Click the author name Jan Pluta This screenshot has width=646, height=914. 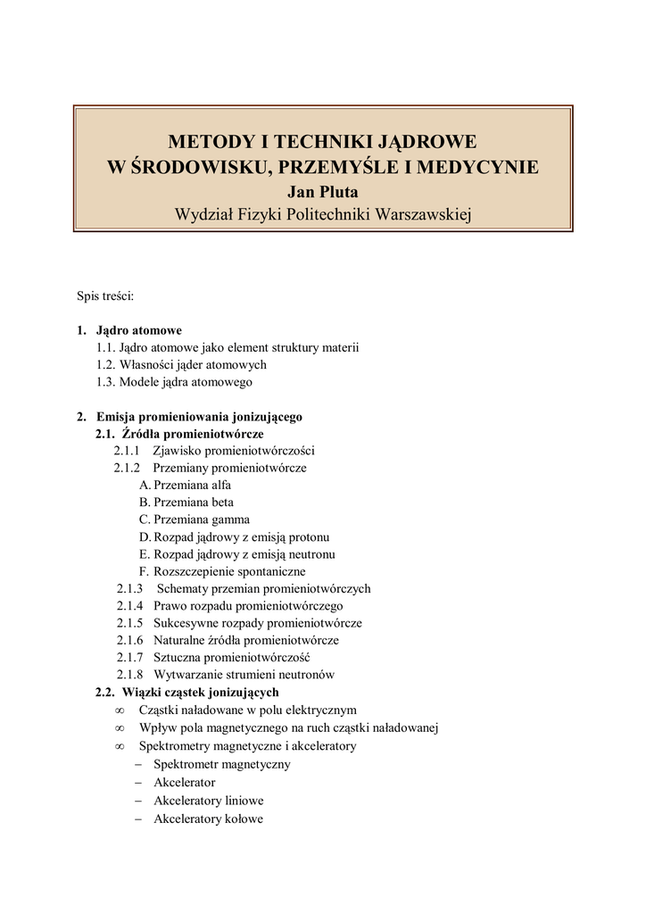point(322,190)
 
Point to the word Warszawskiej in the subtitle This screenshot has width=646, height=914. point(425,214)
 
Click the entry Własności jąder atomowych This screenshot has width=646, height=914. point(193,365)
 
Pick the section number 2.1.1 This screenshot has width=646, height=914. point(127,451)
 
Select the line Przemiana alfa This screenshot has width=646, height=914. point(192,486)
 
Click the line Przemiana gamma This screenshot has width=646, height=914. point(201,519)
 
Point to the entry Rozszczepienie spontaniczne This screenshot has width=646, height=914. point(229,571)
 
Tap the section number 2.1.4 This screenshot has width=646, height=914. point(129,606)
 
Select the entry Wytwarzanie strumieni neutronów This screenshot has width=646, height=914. point(244,675)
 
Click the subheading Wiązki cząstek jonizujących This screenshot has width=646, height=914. point(200,692)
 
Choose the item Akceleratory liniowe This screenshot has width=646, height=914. point(208,801)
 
